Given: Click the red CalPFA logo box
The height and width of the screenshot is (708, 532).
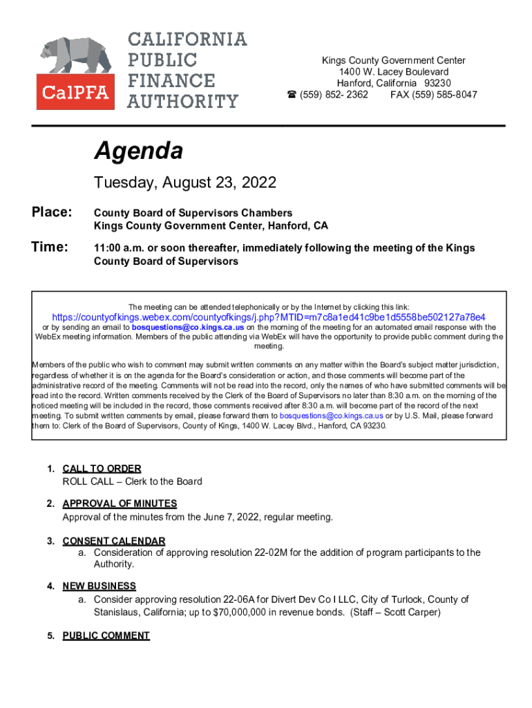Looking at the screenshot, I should pos(76,92).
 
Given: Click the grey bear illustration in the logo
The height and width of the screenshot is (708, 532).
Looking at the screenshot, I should pos(76,57).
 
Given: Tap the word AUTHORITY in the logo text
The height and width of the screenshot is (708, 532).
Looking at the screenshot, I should pos(182,102).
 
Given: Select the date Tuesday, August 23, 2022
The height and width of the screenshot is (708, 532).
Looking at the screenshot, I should pos(184,183).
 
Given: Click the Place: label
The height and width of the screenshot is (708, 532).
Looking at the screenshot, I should pos(51,212).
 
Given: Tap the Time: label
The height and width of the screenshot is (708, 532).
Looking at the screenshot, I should pos(50,247).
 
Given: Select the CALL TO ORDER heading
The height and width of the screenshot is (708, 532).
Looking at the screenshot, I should pos(102,469).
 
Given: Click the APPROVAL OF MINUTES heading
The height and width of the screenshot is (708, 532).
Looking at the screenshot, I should pos(120,504).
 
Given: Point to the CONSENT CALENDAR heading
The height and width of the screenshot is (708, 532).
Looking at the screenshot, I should pos(114,541).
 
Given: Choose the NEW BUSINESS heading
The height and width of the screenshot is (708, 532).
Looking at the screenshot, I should pos(99,586).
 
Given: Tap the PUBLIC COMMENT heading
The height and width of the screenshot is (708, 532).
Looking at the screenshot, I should pos(106,635).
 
